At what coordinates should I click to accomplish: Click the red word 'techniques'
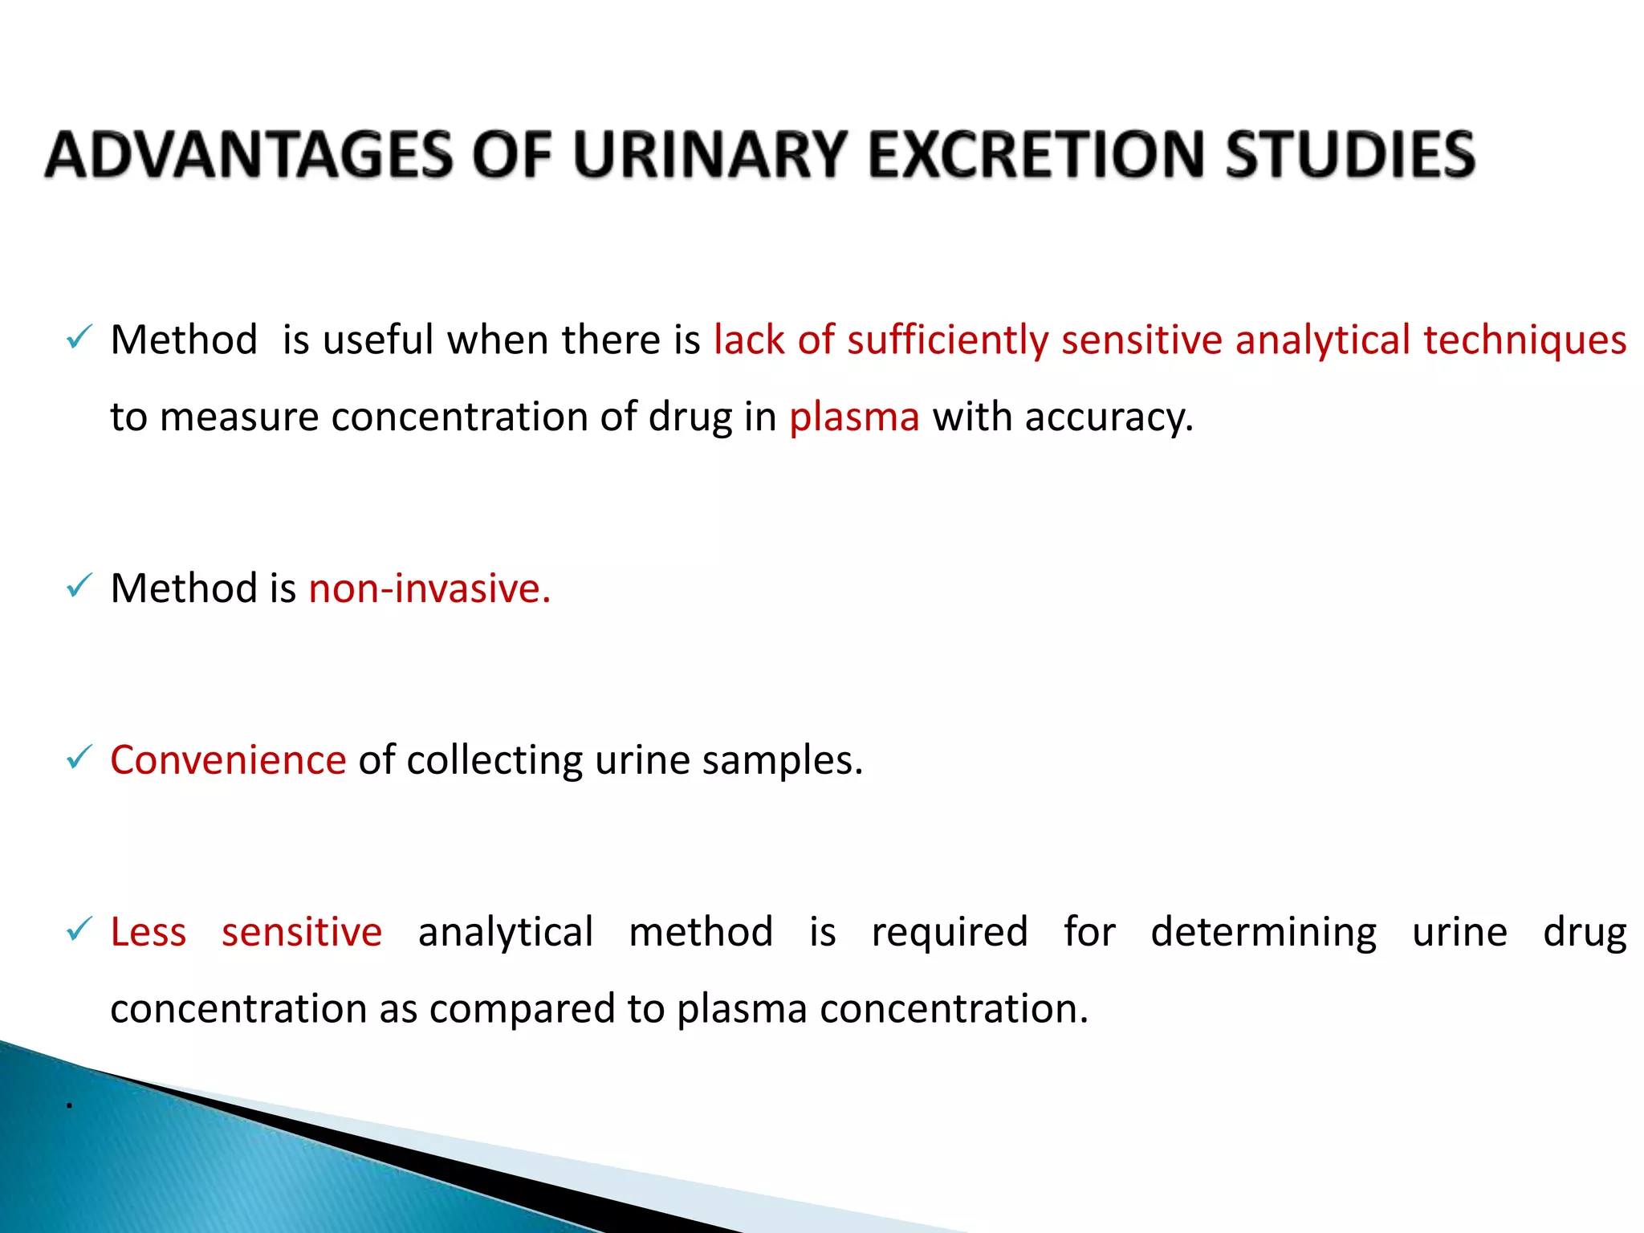[1524, 340]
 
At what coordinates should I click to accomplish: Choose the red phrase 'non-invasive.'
[429, 588]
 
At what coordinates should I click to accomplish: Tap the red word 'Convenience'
[228, 759]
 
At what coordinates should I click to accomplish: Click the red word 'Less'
[149, 932]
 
